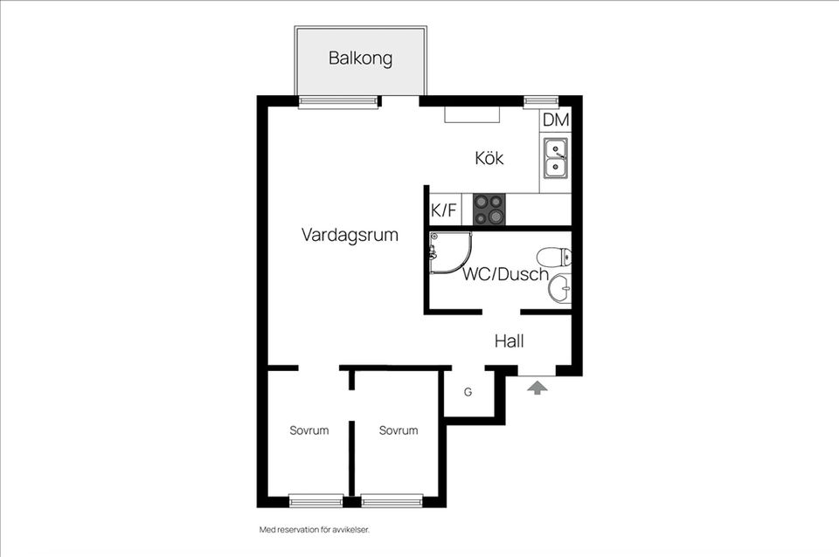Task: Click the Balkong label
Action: click(360, 59)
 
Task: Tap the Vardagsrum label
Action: click(350, 235)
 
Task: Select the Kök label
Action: click(489, 159)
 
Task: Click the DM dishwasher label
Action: click(556, 120)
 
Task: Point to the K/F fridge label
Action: click(444, 210)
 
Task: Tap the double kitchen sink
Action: click(555, 157)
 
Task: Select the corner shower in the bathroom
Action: click(448, 252)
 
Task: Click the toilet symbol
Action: click(554, 257)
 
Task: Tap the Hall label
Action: click(509, 341)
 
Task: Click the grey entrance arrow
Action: click(538, 386)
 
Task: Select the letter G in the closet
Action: click(468, 393)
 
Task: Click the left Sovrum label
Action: click(309, 430)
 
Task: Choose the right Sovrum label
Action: click(399, 430)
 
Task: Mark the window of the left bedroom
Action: click(315, 500)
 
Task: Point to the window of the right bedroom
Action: click(392, 500)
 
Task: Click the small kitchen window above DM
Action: click(541, 101)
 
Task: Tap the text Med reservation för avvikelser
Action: click(315, 529)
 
